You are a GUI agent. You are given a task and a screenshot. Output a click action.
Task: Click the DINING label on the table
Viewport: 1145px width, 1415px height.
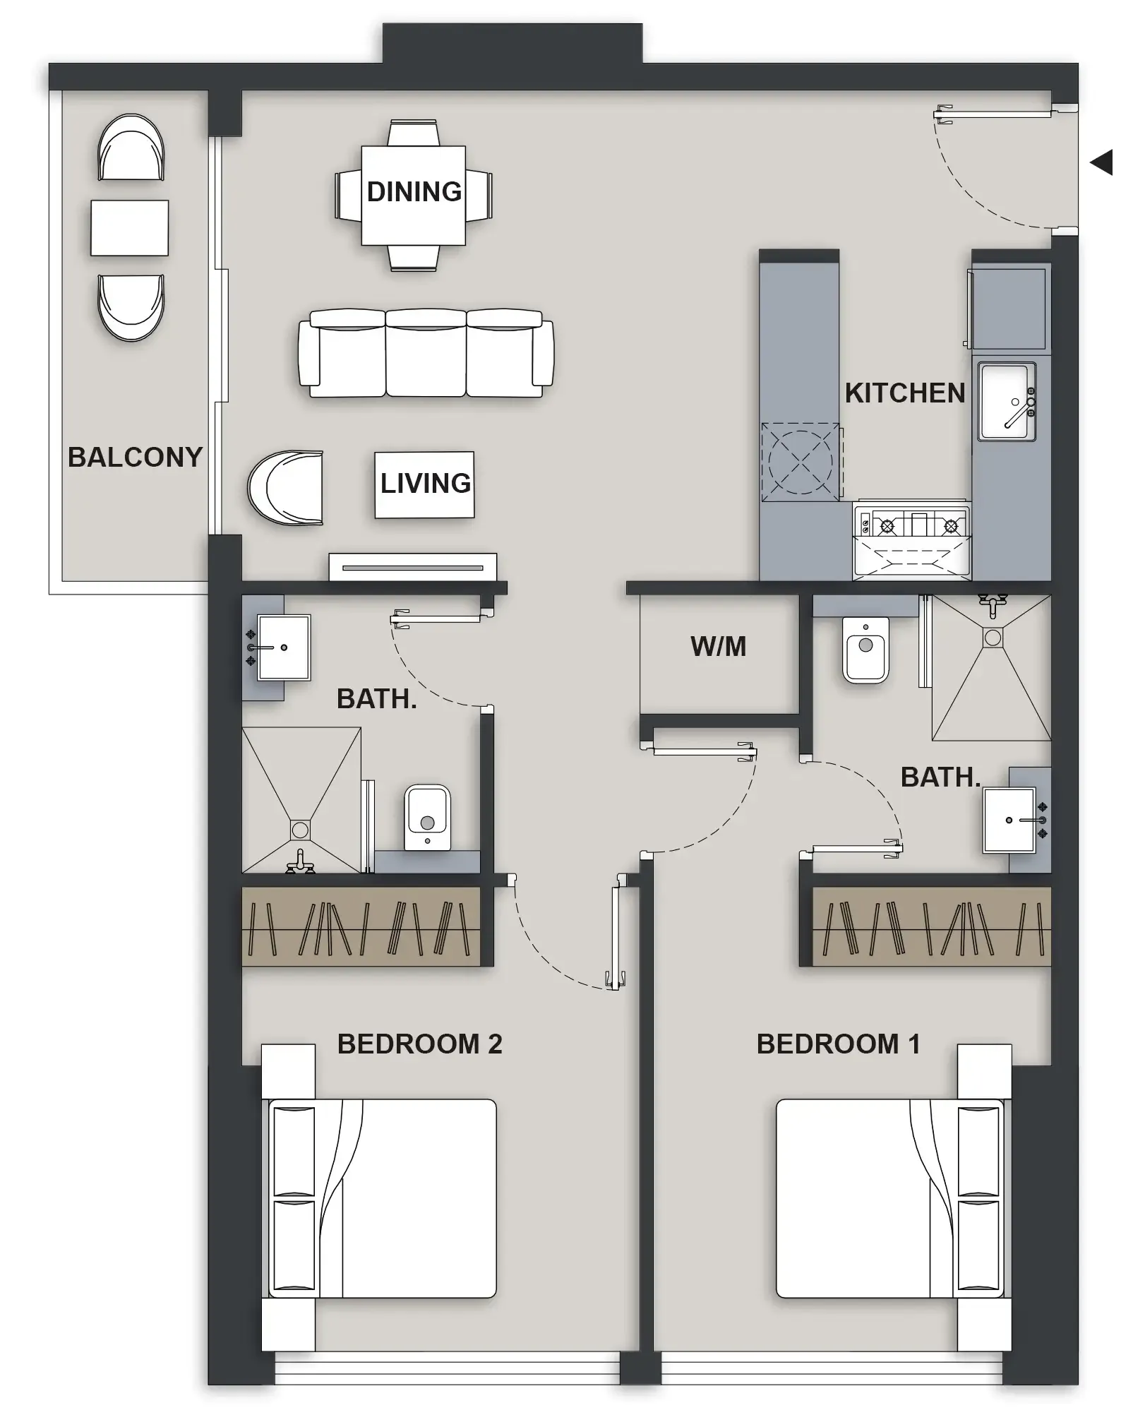pyautogui.click(x=414, y=192)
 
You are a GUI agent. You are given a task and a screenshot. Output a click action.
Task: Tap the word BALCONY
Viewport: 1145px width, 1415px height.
pyautogui.click(x=135, y=458)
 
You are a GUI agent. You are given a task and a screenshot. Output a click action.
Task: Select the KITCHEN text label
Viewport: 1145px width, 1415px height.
pyautogui.click(x=904, y=393)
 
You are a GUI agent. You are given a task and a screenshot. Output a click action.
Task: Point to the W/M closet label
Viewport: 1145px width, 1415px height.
pyautogui.click(x=718, y=647)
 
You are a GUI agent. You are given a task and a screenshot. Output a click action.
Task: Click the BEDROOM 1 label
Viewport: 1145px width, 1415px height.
pyautogui.click(x=838, y=1044)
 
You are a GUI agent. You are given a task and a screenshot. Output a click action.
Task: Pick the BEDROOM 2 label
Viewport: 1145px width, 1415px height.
pyautogui.click(x=419, y=1044)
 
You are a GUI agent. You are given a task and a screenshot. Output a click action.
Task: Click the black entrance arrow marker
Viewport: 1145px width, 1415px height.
pyautogui.click(x=1102, y=162)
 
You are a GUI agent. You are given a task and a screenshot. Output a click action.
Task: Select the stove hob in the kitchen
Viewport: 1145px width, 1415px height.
pyautogui.click(x=911, y=525)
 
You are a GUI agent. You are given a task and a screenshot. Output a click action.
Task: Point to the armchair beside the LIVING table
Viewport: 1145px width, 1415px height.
pyautogui.click(x=286, y=488)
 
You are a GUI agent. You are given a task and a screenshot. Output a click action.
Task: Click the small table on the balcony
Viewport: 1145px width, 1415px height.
pyautogui.click(x=129, y=227)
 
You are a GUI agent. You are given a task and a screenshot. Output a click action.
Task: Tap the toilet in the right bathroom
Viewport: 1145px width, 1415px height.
pyautogui.click(x=865, y=650)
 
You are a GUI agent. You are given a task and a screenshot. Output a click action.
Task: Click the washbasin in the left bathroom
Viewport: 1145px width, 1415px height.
pyautogui.click(x=282, y=647)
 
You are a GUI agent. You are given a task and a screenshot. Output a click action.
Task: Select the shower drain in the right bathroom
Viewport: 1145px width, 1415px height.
pyautogui.click(x=993, y=638)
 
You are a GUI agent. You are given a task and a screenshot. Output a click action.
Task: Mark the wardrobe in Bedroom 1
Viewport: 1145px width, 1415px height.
pyautogui.click(x=931, y=926)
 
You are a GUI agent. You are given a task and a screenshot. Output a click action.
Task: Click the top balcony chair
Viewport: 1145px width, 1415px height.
pyautogui.click(x=131, y=148)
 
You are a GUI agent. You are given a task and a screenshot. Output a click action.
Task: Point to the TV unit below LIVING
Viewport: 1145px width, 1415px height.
pyautogui.click(x=413, y=567)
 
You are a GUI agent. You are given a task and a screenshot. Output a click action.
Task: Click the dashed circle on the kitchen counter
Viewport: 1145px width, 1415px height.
pyautogui.click(x=800, y=462)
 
